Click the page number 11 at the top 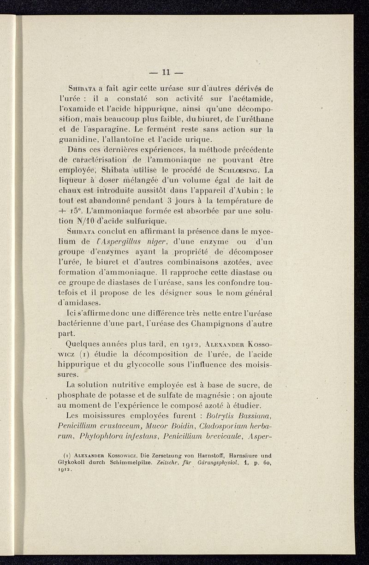(x=166, y=71)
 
